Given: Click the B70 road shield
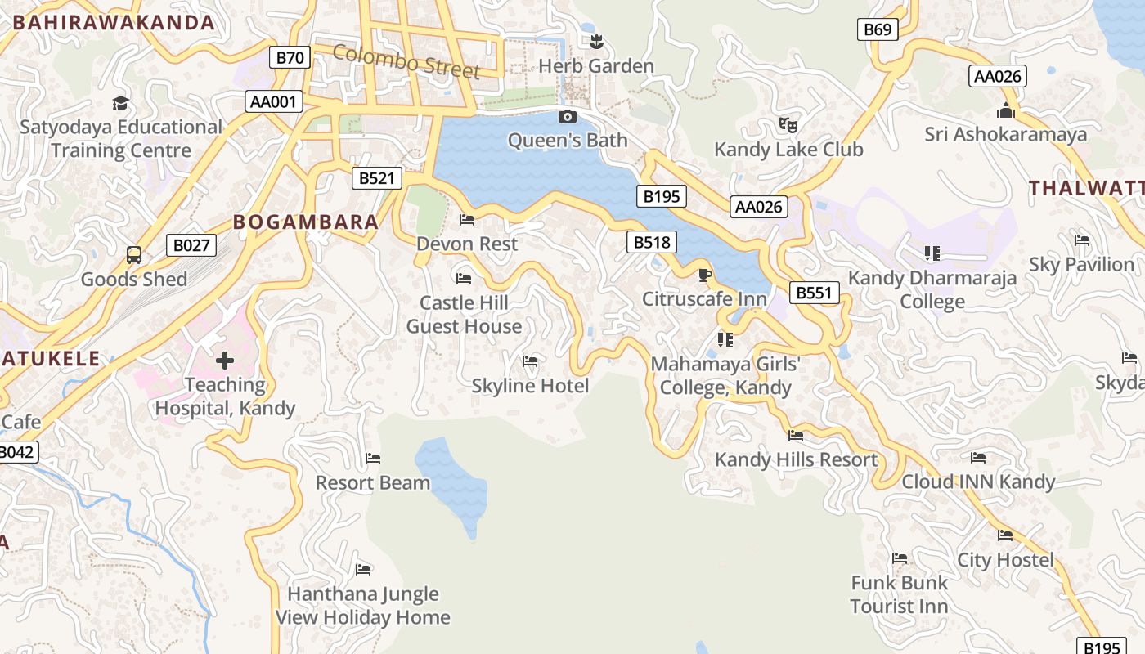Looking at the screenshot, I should (290, 57).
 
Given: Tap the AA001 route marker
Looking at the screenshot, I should (274, 101).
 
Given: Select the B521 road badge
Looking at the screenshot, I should (377, 177).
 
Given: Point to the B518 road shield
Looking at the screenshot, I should (652, 241).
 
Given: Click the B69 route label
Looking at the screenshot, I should (878, 29).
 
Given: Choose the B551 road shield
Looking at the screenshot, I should (814, 293).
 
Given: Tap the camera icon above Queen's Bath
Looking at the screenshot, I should (567, 117).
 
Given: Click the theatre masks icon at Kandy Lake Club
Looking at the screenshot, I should (788, 125).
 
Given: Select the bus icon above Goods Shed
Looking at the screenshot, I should (134, 255).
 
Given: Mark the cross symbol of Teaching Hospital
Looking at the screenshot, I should (225, 361).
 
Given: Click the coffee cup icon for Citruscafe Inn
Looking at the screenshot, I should (704, 275).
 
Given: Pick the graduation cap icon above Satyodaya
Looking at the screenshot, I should (120, 103).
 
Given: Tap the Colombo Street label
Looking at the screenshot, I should (406, 62).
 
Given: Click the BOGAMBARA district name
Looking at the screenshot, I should (306, 222).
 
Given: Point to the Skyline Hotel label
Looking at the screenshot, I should (530, 386).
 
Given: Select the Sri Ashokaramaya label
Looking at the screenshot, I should (1005, 134).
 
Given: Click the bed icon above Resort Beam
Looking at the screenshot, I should (373, 459).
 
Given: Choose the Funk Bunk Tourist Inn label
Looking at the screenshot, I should (899, 594).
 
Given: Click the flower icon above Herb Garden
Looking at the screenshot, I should (596, 41).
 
